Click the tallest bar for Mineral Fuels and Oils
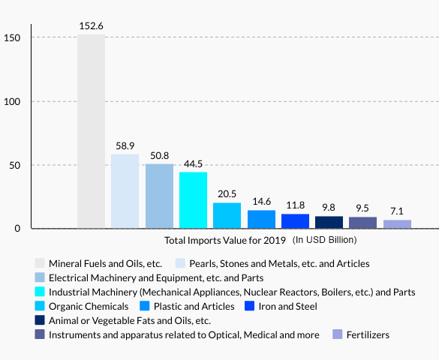coord(91,131)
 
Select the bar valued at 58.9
coord(125,191)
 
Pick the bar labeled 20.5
coord(227,215)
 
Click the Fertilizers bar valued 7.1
coord(397,223)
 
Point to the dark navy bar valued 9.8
coord(329,222)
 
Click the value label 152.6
coord(91,26)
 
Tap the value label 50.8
coord(159,155)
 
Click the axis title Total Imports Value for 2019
coord(225,241)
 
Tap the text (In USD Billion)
coord(324,240)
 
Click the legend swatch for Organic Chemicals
coord(40,307)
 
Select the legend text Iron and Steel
coord(287,307)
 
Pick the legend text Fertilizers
coord(368,335)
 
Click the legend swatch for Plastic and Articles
coord(144,307)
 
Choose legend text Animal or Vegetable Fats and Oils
coord(130,321)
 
